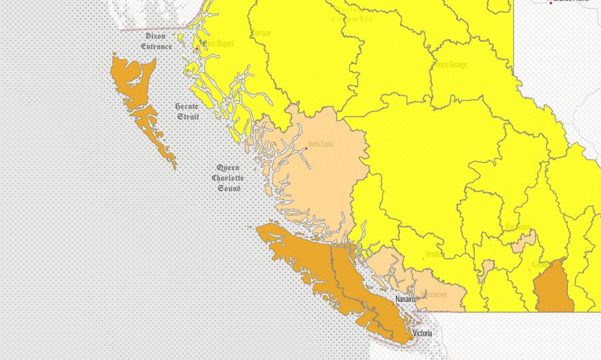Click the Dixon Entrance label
156,41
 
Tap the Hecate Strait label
188,112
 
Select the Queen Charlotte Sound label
228,178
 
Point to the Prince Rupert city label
219,44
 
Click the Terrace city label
260,33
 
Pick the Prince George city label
450,65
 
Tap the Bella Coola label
320,144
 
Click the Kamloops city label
518,227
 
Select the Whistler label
434,255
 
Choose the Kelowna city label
542,265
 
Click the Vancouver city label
434,295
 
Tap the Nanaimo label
405,299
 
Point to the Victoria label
422,333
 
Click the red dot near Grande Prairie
551,3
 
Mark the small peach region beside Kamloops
523,242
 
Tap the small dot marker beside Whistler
423,258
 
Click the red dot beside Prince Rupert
197,49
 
